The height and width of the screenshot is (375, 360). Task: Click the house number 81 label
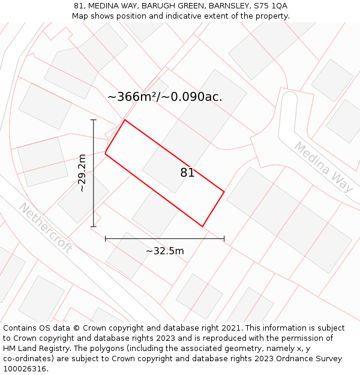187,173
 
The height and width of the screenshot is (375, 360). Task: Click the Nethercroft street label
45,228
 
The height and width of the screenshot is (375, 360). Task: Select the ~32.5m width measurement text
165,251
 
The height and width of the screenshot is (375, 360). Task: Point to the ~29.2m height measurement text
82,173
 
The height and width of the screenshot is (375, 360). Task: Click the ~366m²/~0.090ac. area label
165,97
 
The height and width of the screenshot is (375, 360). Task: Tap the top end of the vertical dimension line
94,120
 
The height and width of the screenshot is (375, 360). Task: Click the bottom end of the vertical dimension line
94,227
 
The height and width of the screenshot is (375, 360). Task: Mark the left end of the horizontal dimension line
106,239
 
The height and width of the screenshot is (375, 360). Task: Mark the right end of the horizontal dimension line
224,239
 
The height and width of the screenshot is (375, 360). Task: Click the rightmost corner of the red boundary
224,192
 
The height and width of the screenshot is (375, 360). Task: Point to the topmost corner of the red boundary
125,120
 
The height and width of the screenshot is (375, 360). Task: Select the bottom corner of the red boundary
202,226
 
